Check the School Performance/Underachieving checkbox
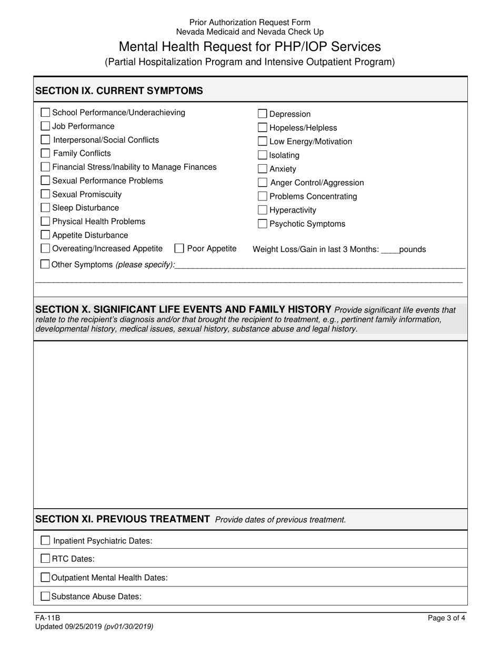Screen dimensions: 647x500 click(x=45, y=113)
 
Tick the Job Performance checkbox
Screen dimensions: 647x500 click(x=45, y=126)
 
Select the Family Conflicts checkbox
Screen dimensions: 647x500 click(x=45, y=154)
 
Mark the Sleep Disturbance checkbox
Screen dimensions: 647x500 click(x=45, y=208)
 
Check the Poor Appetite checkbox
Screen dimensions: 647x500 click(x=179, y=249)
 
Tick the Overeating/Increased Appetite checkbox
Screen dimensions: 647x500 click(x=45, y=249)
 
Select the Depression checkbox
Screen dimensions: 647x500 click(x=262, y=114)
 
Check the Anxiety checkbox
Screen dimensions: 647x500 click(x=262, y=169)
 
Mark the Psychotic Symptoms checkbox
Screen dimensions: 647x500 click(x=262, y=224)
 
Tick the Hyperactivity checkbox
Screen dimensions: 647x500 click(x=262, y=210)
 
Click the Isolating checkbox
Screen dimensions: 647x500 click(x=262, y=155)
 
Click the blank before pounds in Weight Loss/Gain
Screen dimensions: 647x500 click(x=390, y=250)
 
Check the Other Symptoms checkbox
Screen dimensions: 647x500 click(x=45, y=265)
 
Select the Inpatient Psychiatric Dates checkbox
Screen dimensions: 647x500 click(x=45, y=541)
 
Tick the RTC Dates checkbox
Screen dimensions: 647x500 click(x=45, y=559)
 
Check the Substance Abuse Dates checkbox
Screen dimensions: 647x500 click(x=45, y=597)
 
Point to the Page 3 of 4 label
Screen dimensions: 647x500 click(x=446, y=619)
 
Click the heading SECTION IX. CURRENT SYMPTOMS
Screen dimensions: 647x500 click(x=119, y=90)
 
